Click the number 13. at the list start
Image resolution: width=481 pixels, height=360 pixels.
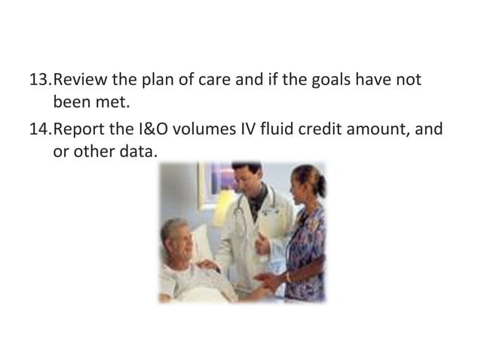pyautogui.click(x=40, y=79)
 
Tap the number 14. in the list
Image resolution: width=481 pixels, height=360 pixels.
pyautogui.click(x=40, y=129)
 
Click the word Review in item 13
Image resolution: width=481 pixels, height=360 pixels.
pyautogui.click(x=81, y=79)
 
